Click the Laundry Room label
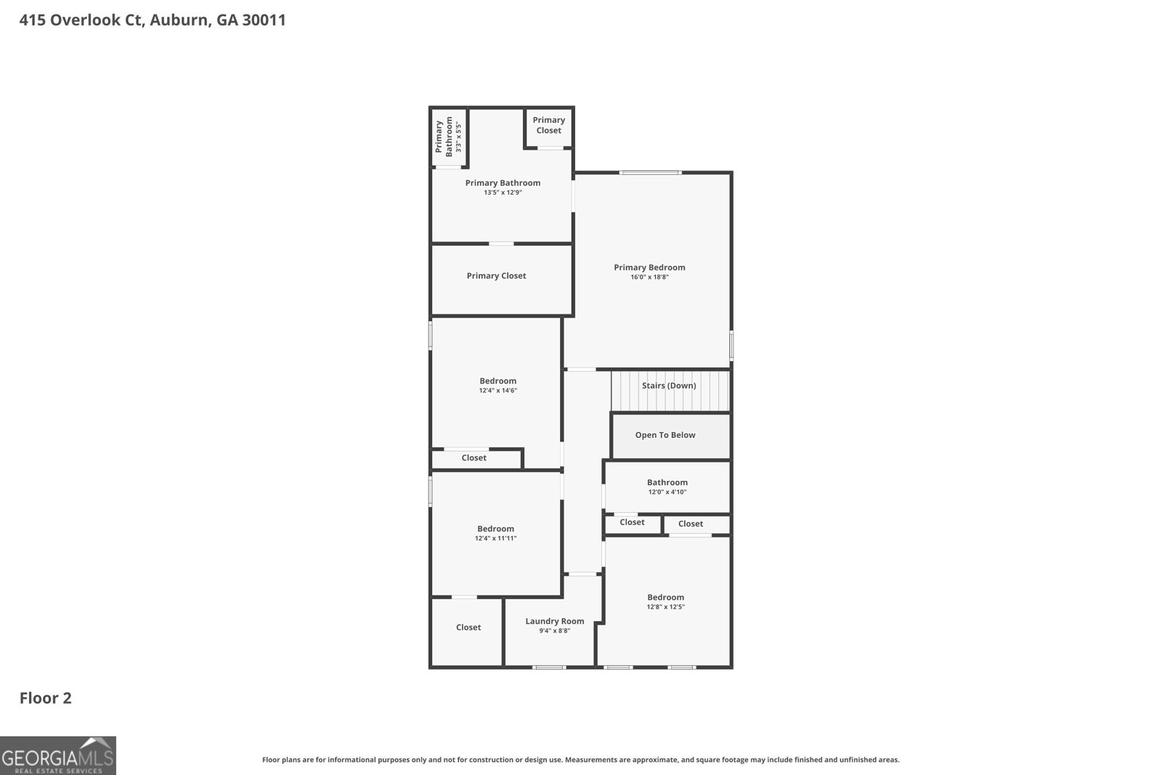tap(554, 621)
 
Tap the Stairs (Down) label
tap(668, 386)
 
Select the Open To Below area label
tap(665, 435)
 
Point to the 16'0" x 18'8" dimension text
tap(649, 277)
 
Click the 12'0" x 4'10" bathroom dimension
tap(667, 492)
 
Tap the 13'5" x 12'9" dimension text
tap(503, 192)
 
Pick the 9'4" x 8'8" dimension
tap(554, 631)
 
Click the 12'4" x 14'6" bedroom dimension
tap(497, 391)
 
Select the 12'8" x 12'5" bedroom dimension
tap(665, 607)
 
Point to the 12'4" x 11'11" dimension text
tap(495, 539)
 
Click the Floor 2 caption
tap(45, 698)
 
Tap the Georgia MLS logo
tap(57, 755)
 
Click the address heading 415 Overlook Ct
tap(153, 20)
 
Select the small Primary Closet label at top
tap(548, 125)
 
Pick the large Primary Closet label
tap(496, 276)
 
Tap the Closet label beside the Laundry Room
tap(468, 628)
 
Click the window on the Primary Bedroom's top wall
tap(650, 173)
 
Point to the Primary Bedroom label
tap(649, 267)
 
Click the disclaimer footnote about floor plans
tap(580, 760)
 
